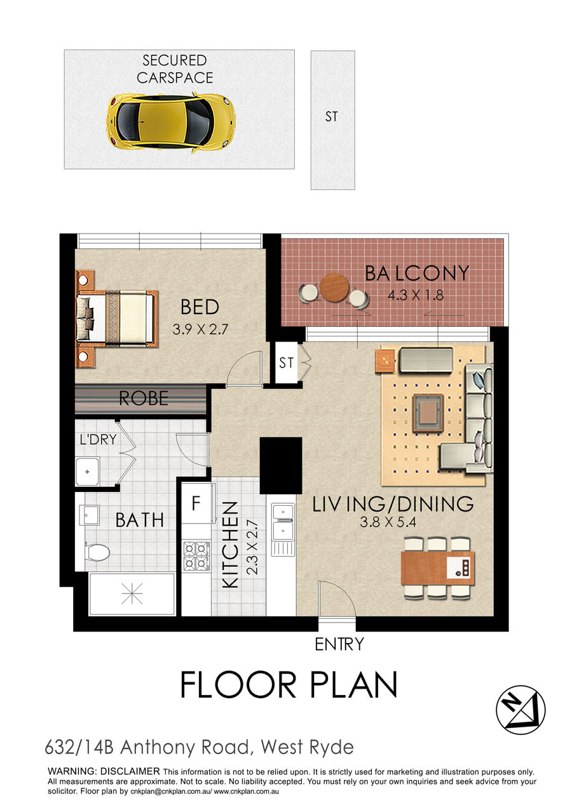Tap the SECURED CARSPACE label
click(x=175, y=69)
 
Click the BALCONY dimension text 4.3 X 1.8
click(x=415, y=296)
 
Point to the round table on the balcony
click(x=334, y=287)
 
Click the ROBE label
click(x=144, y=399)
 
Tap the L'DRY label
click(x=99, y=439)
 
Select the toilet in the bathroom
click(x=97, y=552)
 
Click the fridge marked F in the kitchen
click(x=196, y=503)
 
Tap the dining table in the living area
click(x=437, y=568)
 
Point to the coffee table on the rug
click(x=428, y=413)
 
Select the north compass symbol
click(x=521, y=710)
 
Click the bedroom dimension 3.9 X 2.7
click(x=200, y=329)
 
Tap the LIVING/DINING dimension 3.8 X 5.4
click(x=388, y=522)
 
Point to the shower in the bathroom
click(x=132, y=593)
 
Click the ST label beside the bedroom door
click(x=287, y=362)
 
